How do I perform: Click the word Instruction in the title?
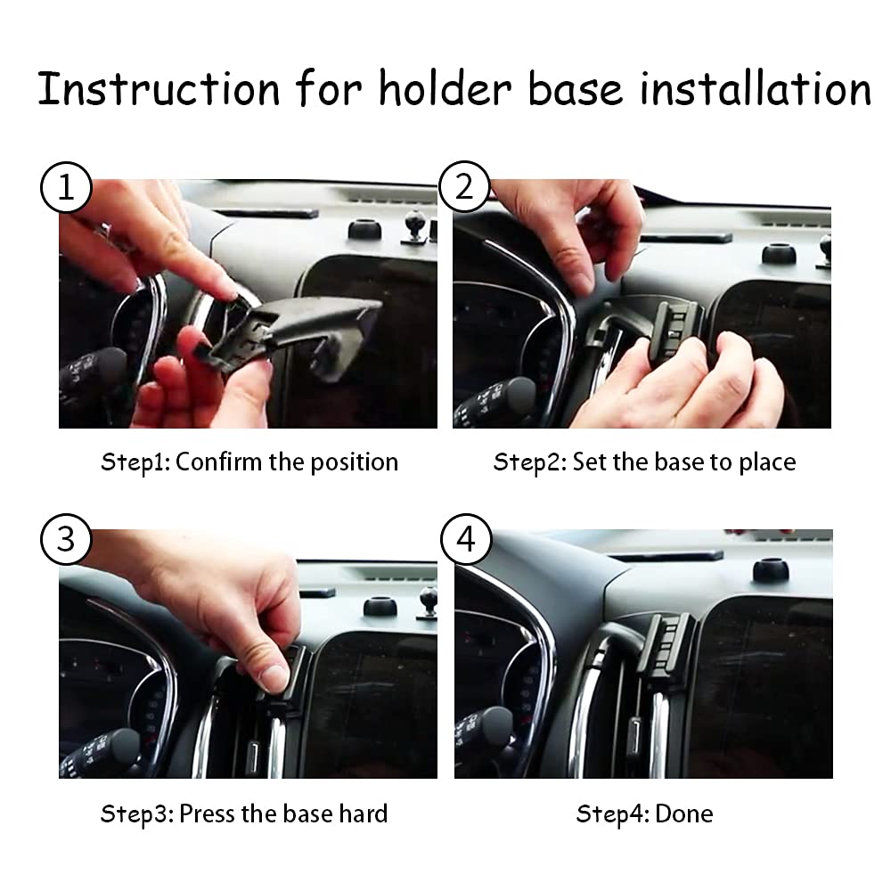(159, 89)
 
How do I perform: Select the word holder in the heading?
(445, 89)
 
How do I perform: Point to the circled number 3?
(65, 540)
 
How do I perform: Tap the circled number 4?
(464, 540)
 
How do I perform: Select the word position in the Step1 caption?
(354, 462)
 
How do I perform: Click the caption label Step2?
(530, 462)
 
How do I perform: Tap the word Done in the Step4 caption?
(684, 813)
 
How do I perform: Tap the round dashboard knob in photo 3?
(380, 606)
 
